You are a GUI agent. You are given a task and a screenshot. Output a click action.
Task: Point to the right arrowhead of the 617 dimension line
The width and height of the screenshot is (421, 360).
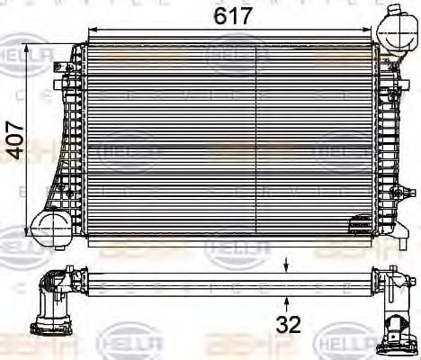pos(369,31)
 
